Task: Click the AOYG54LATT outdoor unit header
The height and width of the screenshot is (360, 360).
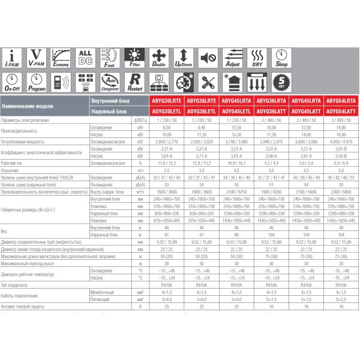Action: tap(341, 111)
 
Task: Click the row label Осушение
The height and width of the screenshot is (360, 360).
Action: tap(12, 170)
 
